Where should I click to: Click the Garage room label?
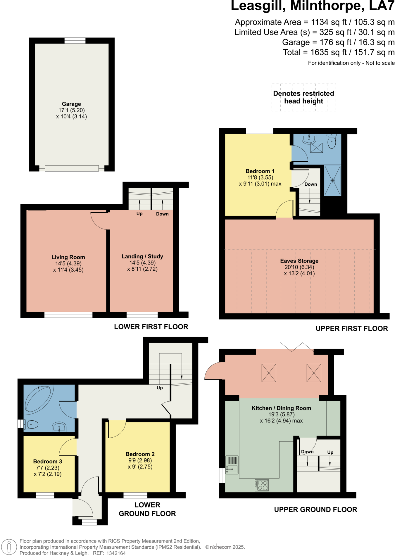[x=71, y=104]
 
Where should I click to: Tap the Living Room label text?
[x=68, y=257]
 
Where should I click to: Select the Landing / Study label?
[x=142, y=256]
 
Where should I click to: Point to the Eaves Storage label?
[x=299, y=261]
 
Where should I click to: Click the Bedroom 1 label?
[x=260, y=171]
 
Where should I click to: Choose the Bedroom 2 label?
[x=140, y=454]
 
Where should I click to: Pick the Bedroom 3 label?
[x=47, y=461]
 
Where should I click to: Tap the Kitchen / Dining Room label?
[x=281, y=408]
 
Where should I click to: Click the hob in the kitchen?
[x=262, y=485]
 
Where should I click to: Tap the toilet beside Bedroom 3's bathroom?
[x=31, y=424]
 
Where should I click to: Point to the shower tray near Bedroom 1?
[x=332, y=180]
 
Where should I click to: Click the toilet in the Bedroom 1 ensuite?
[x=332, y=141]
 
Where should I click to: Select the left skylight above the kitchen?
[x=269, y=373]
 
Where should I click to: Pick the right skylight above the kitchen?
[x=314, y=373]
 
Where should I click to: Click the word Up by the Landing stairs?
[x=139, y=214]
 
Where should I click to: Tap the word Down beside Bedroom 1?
[x=311, y=184]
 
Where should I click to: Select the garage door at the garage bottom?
[x=72, y=168]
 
